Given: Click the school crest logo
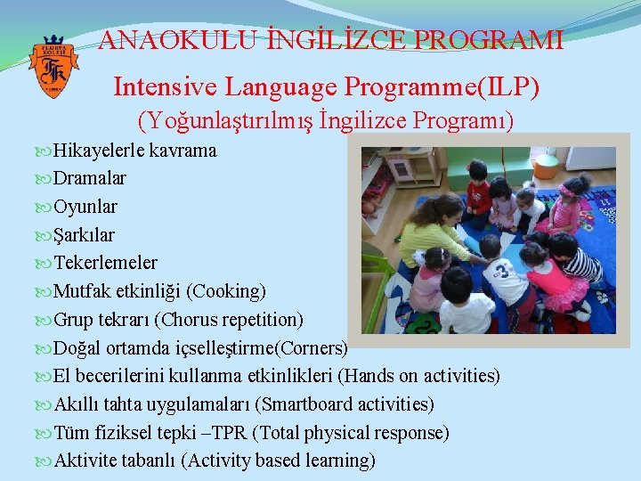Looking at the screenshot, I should point(54,67).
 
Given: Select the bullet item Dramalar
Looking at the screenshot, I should point(90,178).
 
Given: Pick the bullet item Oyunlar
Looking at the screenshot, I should point(85,207).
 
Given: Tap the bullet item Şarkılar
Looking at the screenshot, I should point(85,235).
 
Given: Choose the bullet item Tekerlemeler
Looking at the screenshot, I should point(105,263).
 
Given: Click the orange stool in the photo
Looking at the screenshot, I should point(547,164).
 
